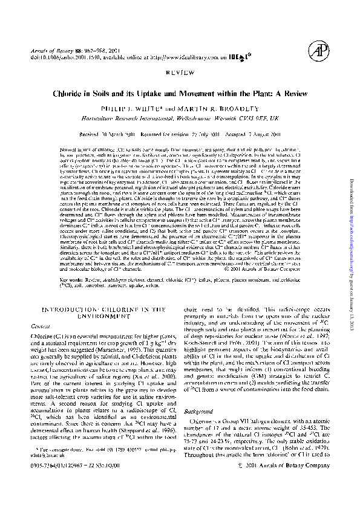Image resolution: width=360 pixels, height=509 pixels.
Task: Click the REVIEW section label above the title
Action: tap(179, 71)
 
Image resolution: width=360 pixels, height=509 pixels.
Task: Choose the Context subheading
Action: tap(42, 326)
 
